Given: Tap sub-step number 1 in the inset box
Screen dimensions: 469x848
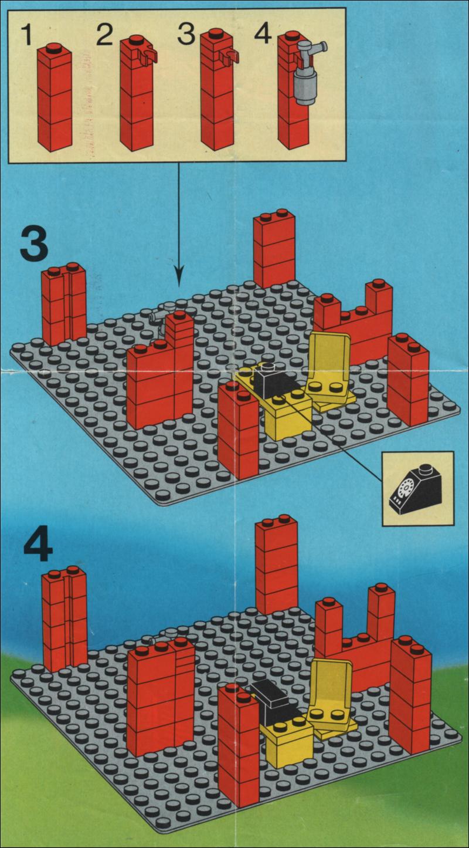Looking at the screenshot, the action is coord(27,35).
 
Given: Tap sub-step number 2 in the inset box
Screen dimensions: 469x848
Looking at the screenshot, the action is coord(104,34).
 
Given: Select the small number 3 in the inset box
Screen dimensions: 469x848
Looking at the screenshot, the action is coord(186,35).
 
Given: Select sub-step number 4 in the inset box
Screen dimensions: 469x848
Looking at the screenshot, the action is coord(263,35).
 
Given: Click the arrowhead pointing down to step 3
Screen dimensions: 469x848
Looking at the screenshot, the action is coord(179,277).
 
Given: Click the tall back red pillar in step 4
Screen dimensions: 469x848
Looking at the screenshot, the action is coord(276,565).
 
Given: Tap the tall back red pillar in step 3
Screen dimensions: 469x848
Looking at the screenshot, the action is coord(274,248).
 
